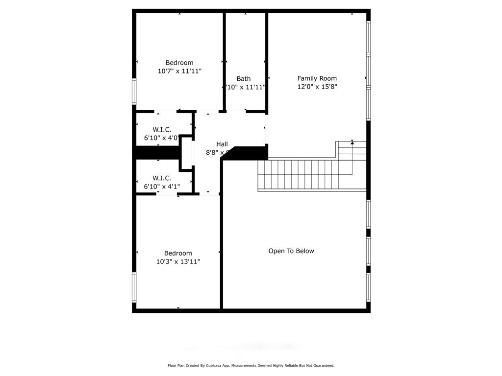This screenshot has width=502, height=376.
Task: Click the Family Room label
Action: (317, 78)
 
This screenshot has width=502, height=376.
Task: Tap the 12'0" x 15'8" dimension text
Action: (317, 87)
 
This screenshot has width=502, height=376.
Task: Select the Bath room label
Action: (244, 79)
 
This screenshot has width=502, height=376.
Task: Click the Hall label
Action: (222, 144)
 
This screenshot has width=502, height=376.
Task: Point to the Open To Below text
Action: (291, 251)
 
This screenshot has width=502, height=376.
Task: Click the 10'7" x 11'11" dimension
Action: (179, 71)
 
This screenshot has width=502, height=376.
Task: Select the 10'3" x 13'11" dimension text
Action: (178, 261)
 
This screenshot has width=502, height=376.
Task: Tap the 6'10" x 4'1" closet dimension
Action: (162, 187)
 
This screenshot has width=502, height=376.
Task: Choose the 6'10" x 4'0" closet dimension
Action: (162, 138)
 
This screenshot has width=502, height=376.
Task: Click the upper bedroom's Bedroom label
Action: (179, 63)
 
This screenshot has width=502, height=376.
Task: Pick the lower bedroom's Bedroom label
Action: (178, 253)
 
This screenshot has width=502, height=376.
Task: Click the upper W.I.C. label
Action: (162, 130)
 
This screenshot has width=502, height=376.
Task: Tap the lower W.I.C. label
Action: (162, 178)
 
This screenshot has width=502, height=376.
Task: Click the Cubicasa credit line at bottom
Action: (251, 365)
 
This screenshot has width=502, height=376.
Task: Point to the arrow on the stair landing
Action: (352, 142)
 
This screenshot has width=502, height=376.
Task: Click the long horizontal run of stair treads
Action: (299, 174)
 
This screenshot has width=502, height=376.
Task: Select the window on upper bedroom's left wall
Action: (134, 91)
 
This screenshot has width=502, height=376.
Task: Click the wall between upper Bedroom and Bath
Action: (225, 61)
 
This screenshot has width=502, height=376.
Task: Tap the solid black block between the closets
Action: (157, 153)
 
